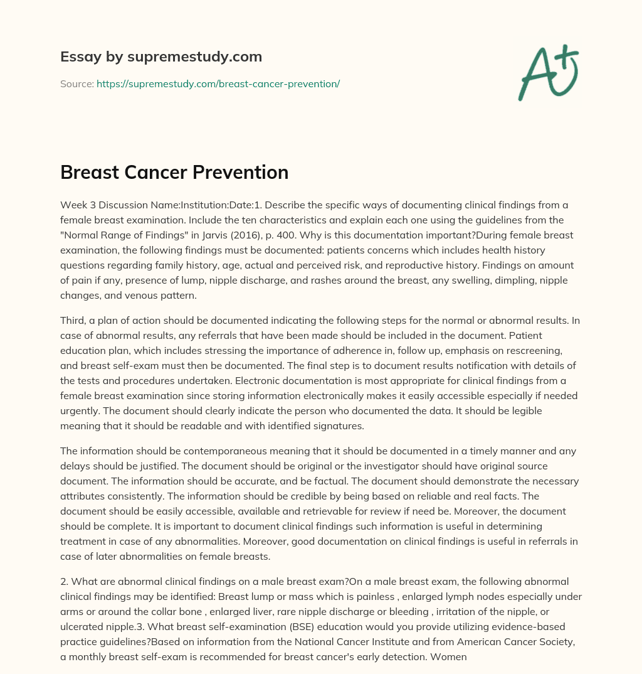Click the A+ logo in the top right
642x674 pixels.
click(547, 72)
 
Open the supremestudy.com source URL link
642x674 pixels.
click(218, 83)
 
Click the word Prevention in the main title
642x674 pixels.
click(242, 173)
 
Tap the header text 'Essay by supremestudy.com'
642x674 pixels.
click(161, 57)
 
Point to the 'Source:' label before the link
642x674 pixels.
click(76, 83)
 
